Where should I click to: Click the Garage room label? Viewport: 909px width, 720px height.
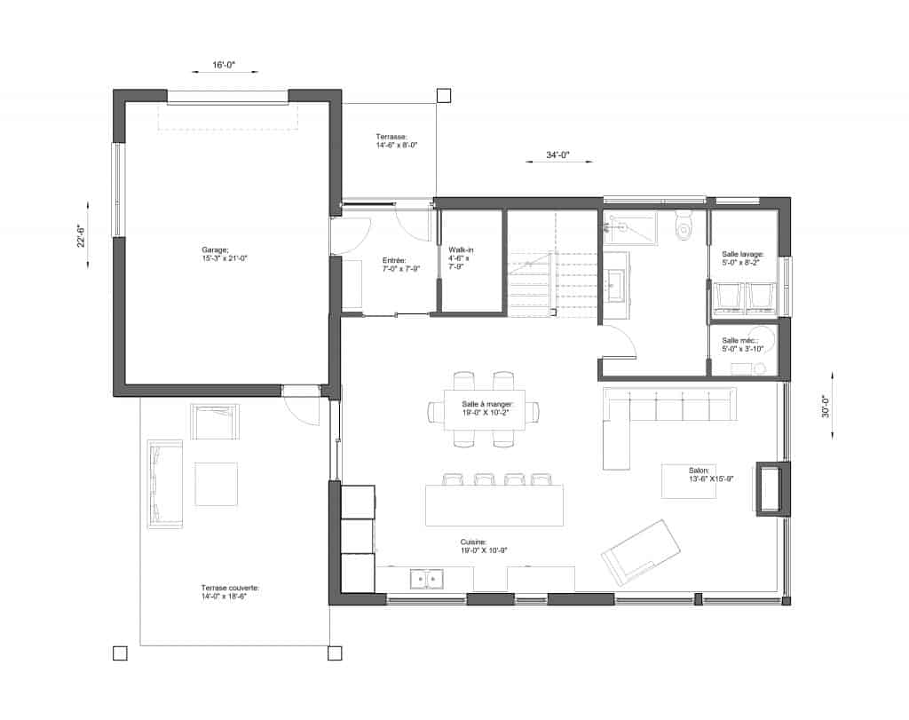[225, 255]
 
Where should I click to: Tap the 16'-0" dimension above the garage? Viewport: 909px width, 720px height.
[224, 65]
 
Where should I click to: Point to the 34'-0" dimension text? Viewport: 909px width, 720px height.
[558, 154]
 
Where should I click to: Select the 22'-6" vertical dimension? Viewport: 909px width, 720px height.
[81, 236]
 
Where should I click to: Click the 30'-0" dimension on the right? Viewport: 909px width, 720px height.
[826, 406]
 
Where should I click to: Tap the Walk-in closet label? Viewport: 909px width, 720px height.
[461, 258]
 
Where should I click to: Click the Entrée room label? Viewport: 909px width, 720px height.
[400, 265]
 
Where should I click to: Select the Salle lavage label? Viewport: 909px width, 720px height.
[743, 258]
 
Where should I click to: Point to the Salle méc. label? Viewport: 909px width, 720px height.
[743, 345]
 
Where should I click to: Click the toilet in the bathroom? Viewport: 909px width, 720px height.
[684, 225]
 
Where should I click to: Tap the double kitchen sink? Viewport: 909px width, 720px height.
[426, 579]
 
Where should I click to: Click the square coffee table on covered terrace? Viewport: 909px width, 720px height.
[216, 484]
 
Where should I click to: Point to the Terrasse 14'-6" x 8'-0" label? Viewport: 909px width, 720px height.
[397, 141]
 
